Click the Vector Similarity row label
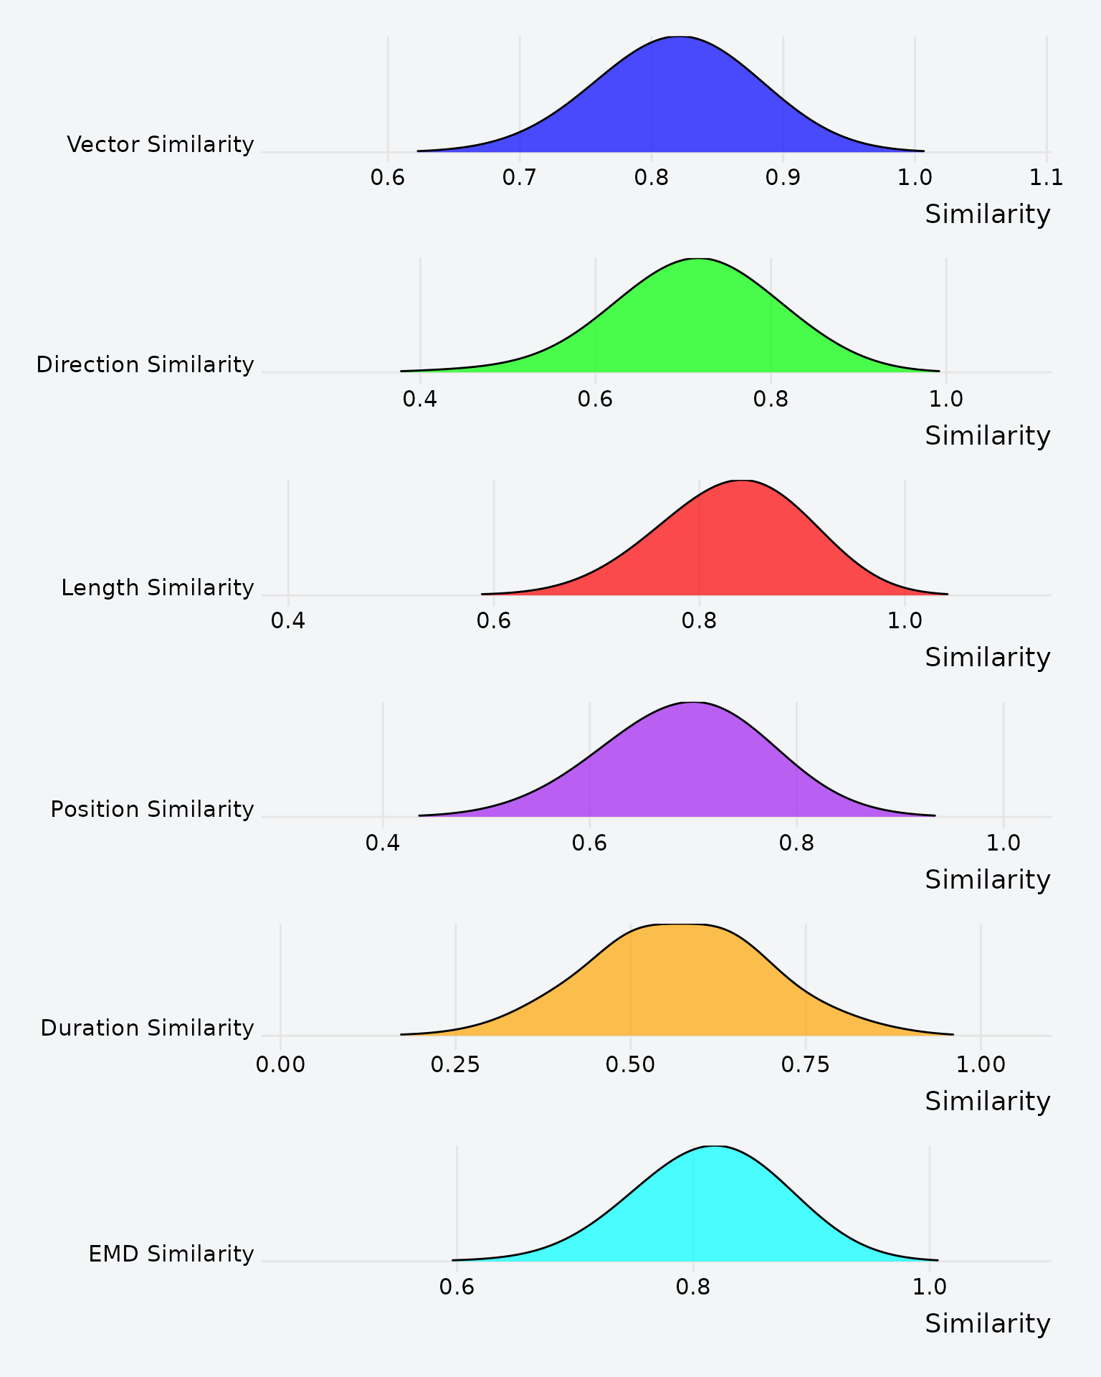coord(160,145)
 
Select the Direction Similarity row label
coord(145,365)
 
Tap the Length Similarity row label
coord(157,588)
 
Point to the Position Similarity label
coord(152,810)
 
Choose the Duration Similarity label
coord(147,1028)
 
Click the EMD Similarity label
coord(171,1254)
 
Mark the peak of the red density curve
coord(743,481)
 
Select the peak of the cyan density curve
coord(715,1147)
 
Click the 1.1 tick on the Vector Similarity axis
coord(1046,178)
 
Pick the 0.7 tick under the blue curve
coord(519,178)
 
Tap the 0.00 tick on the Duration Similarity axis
coord(280,1065)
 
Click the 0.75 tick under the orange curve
coord(805,1065)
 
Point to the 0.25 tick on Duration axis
coord(455,1065)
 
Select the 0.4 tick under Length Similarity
coord(288,621)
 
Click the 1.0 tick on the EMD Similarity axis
coord(929,1287)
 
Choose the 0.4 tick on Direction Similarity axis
coord(419,399)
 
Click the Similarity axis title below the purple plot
coord(987,879)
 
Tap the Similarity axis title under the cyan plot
coord(987,1323)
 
